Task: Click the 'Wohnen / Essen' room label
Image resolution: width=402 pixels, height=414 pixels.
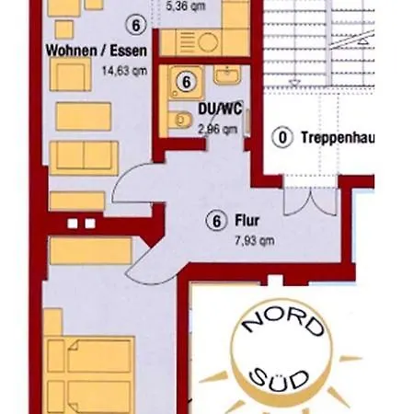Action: click(x=97, y=51)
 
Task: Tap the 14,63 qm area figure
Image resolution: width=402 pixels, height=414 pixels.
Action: click(x=124, y=71)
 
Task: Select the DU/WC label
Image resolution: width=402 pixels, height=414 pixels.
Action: click(x=220, y=109)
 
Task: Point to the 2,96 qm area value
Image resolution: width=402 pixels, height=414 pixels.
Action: click(x=218, y=130)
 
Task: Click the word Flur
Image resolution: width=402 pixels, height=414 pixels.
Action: click(x=247, y=221)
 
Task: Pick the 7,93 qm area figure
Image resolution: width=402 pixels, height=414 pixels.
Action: click(x=255, y=240)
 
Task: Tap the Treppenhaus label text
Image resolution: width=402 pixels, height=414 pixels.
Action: click(x=338, y=137)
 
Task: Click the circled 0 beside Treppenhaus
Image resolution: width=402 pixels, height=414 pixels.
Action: click(x=282, y=137)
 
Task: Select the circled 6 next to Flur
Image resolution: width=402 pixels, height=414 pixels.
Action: click(x=217, y=221)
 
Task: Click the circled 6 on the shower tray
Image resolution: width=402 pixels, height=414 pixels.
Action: click(x=187, y=82)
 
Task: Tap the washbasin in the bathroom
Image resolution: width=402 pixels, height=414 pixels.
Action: click(x=227, y=75)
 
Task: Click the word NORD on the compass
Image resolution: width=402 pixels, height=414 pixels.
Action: click(x=282, y=323)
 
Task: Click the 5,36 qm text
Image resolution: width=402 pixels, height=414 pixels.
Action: click(x=186, y=6)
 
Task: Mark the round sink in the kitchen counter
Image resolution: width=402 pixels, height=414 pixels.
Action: click(x=208, y=41)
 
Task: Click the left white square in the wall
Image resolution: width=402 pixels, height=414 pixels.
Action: click(x=73, y=224)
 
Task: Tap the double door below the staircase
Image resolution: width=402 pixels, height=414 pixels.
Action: click(x=310, y=201)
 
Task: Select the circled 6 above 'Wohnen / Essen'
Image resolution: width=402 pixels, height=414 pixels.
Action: click(x=136, y=25)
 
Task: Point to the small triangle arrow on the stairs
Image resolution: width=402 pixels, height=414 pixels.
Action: click(x=363, y=40)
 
